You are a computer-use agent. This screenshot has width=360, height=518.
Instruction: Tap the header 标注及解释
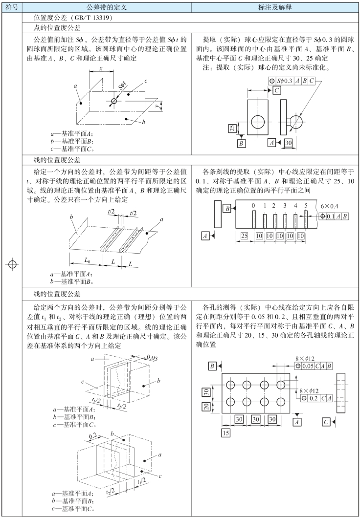pos(276,7)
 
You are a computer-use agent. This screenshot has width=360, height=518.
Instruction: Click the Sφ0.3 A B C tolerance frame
pos(292,80)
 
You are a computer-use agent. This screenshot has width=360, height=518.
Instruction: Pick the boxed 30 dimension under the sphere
pos(288,142)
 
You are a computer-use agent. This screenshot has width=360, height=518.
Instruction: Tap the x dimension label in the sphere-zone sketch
pos(101,69)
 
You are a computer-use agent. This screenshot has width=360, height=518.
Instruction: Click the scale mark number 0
pos(253,205)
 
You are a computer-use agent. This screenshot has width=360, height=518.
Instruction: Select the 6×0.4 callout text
pos(330,206)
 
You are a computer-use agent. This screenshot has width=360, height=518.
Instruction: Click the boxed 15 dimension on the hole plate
pos(225,433)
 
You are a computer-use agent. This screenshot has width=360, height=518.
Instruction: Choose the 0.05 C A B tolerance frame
pos(314,366)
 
